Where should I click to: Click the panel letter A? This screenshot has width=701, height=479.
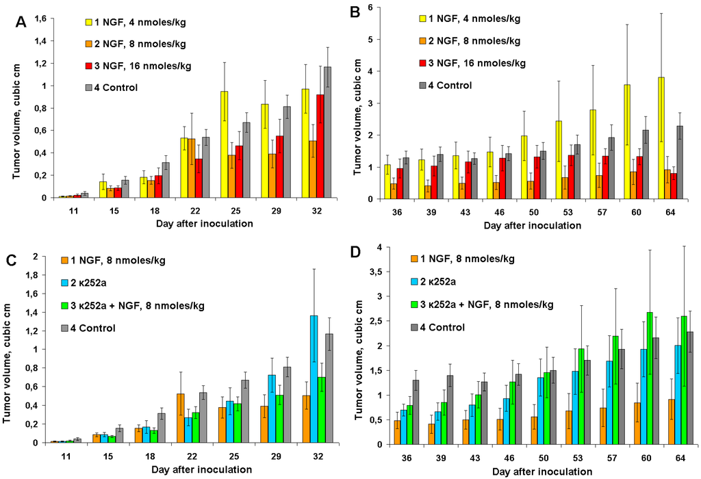[x=21, y=21]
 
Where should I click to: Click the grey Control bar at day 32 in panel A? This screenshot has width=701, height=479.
[x=327, y=132]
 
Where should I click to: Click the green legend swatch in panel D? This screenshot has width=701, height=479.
[x=414, y=304]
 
